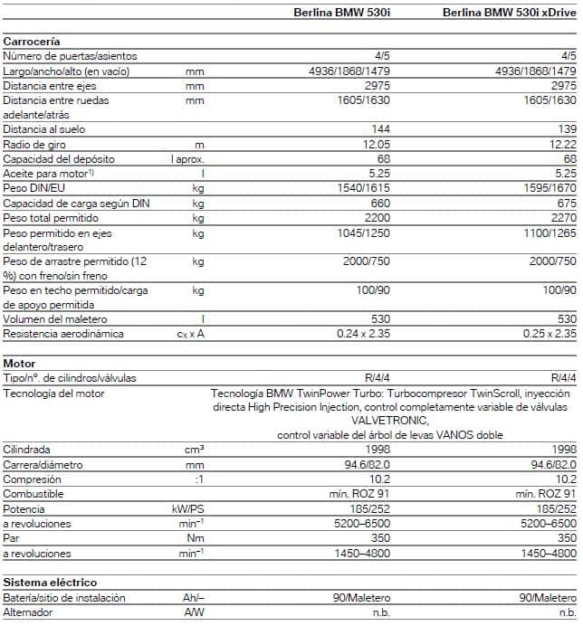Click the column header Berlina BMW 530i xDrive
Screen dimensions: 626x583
509,13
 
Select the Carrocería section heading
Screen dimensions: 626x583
32,42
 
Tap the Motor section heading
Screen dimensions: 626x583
19,363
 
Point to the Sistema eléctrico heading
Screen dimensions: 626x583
50,582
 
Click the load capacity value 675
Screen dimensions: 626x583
565,203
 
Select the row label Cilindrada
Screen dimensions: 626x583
26,450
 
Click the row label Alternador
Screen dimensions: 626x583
28,612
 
